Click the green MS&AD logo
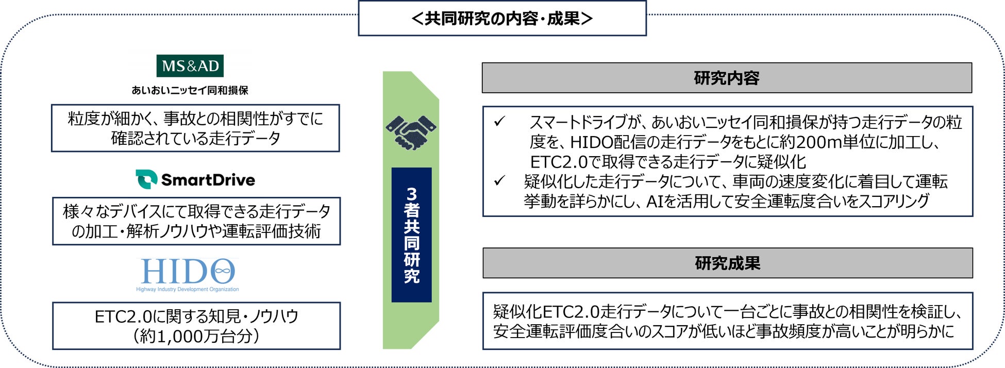coord(190,66)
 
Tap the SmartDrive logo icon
coord(146,179)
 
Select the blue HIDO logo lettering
coord(188,271)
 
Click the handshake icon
coord(411,132)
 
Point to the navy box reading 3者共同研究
coord(411,235)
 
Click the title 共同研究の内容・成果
coord(502,19)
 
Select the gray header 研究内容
coord(726,78)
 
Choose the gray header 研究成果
coord(727,263)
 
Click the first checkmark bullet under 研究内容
coord(499,122)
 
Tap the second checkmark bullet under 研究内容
coord(499,181)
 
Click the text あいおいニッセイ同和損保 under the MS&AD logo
coord(190,90)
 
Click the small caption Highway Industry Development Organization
coord(187,289)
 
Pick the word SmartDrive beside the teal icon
coord(208,180)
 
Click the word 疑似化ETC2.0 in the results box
coord(546,312)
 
